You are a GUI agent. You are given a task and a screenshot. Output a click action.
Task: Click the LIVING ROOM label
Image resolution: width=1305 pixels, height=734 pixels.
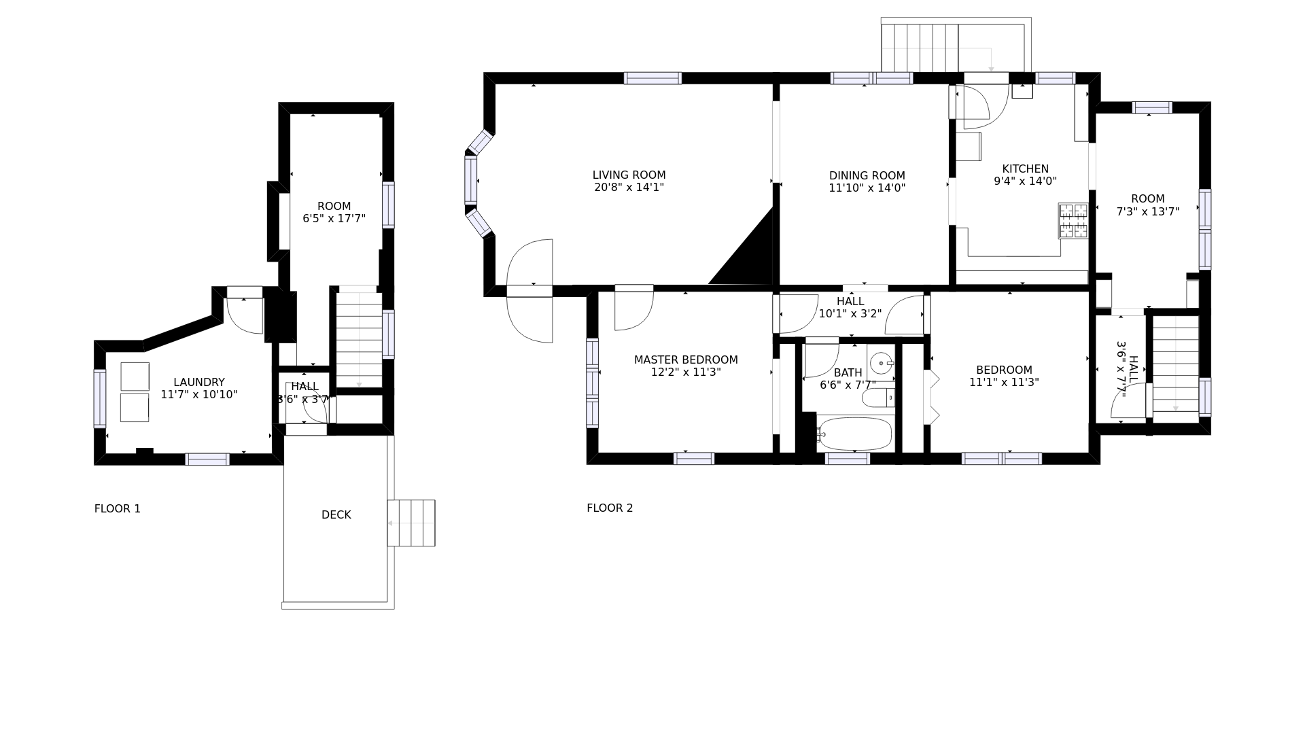pyautogui.click(x=629, y=175)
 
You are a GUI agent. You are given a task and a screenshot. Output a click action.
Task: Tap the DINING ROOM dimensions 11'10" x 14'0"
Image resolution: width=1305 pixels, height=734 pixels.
pyautogui.click(x=867, y=188)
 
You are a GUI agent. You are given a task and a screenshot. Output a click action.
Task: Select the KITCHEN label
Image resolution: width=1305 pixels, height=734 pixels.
pyautogui.click(x=1025, y=169)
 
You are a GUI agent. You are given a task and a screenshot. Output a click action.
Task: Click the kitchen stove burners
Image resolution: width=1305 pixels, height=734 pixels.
pyautogui.click(x=1073, y=221)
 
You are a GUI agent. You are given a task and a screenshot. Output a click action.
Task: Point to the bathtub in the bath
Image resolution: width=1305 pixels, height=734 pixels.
pyautogui.click(x=855, y=433)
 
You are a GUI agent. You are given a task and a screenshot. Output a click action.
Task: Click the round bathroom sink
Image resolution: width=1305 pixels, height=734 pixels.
pyautogui.click(x=882, y=364)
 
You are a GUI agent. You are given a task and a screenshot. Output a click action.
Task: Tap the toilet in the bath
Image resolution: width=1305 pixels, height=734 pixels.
pyautogui.click(x=879, y=397)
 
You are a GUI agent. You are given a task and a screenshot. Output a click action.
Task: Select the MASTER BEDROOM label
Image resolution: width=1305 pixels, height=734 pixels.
pyautogui.click(x=686, y=360)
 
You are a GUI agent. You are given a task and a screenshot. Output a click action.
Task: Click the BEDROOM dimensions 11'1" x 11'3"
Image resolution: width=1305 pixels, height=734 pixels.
pyautogui.click(x=1004, y=383)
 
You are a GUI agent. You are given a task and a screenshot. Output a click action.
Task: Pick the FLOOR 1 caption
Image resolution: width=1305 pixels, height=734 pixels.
pyautogui.click(x=118, y=508)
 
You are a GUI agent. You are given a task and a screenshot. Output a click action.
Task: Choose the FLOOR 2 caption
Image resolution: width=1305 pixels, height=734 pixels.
pyautogui.click(x=610, y=508)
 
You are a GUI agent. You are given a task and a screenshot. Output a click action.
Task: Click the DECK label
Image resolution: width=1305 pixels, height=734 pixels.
pyautogui.click(x=336, y=515)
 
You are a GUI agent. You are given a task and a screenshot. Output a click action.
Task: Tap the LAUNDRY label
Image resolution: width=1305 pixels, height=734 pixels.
pyautogui.click(x=198, y=383)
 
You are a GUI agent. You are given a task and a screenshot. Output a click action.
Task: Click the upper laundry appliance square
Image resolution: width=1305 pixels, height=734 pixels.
pyautogui.click(x=135, y=377)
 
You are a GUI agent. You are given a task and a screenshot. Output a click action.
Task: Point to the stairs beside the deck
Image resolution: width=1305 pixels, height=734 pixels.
pyautogui.click(x=411, y=523)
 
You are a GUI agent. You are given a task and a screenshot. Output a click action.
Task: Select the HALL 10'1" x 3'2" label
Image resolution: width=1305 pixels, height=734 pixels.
pyautogui.click(x=850, y=308)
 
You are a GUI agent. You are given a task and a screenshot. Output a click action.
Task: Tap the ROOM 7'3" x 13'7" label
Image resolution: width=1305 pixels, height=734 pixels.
pyautogui.click(x=1147, y=205)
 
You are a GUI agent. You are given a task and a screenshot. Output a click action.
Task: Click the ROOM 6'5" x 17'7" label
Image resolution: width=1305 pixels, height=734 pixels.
pyautogui.click(x=334, y=212)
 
